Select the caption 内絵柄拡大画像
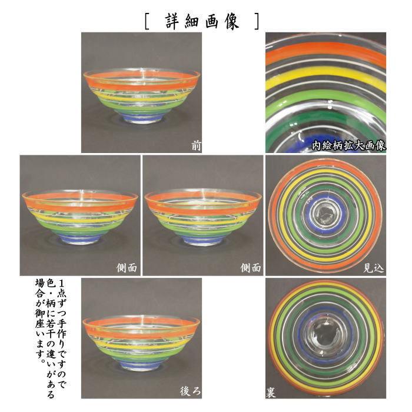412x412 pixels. click(x=348, y=145)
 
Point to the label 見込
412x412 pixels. click(x=374, y=268)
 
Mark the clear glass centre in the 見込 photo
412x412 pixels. click(x=325, y=213)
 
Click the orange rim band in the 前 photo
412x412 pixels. click(x=141, y=80)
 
